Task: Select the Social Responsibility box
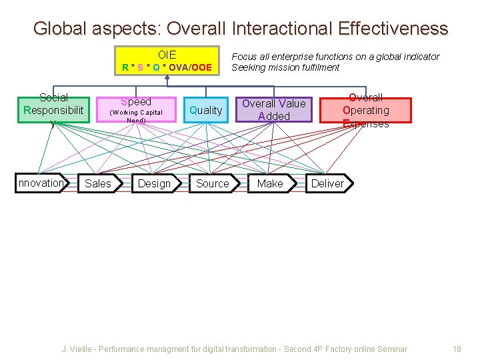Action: point(53,110)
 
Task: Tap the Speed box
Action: point(136,109)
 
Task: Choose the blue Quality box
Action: point(205,110)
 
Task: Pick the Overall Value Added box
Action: point(273,110)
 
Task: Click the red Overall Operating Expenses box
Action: point(365,110)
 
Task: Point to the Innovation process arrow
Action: point(41,183)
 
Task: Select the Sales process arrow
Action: point(99,183)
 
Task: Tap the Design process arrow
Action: point(155,183)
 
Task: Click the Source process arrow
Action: point(213,183)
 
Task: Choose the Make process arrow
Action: point(270,183)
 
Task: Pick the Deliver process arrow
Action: point(328,183)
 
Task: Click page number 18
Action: point(457,349)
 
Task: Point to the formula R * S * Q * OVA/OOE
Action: point(167,67)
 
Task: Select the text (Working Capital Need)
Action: point(136,116)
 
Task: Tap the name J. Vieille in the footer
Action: point(77,349)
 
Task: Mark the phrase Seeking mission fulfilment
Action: point(285,67)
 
